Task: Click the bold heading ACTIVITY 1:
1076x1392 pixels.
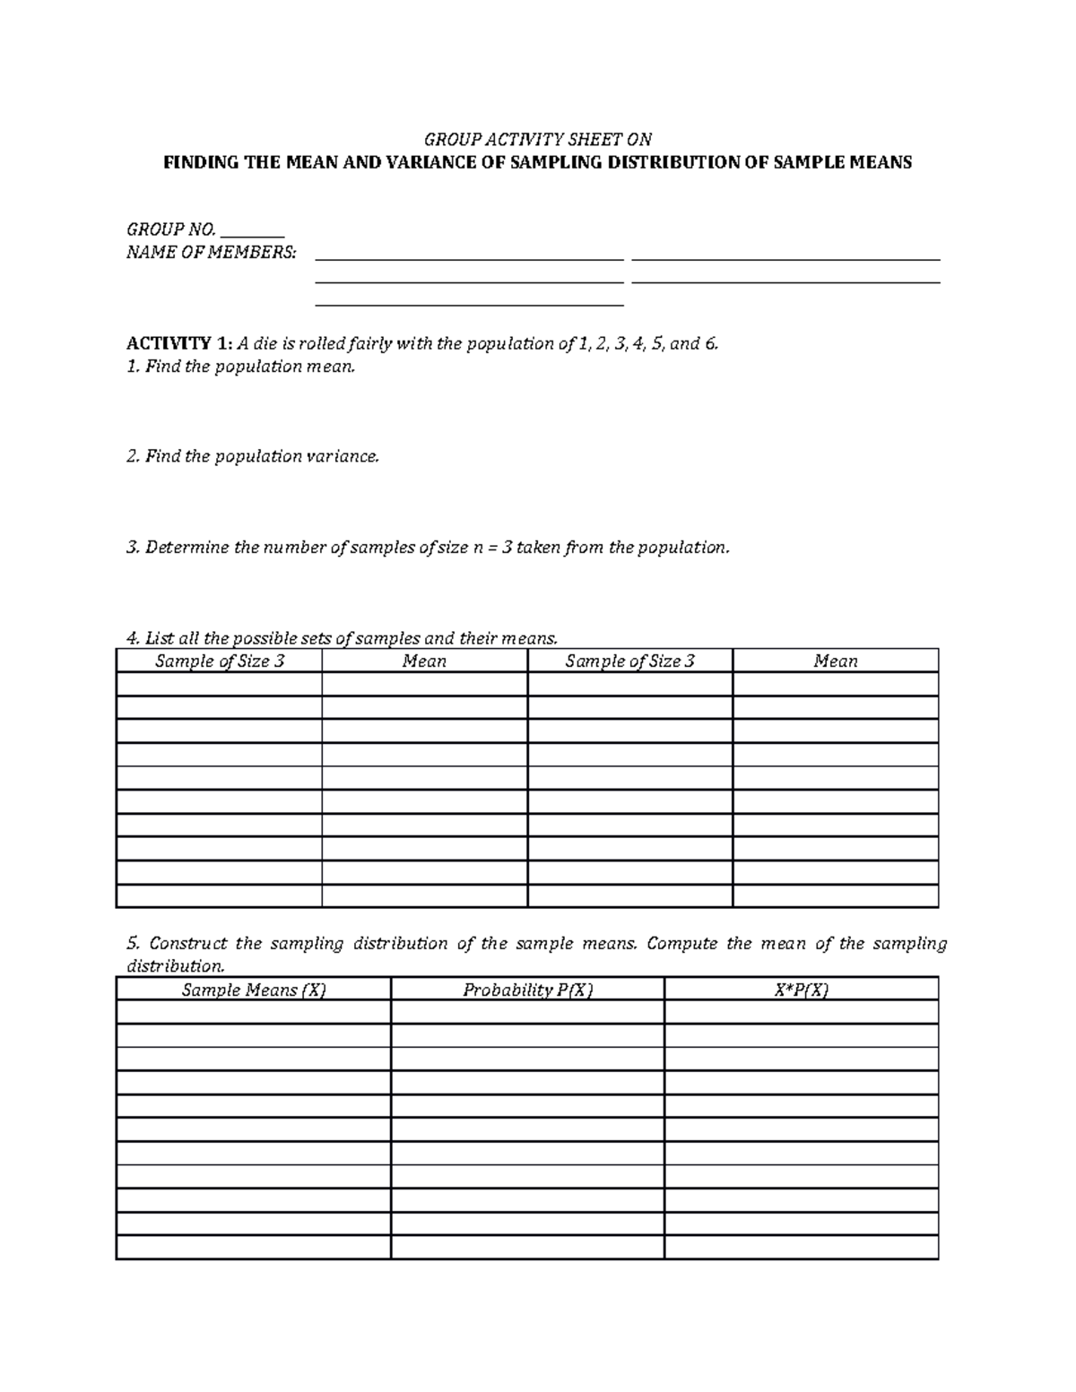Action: tap(179, 343)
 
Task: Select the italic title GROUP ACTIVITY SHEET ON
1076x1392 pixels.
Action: tap(537, 139)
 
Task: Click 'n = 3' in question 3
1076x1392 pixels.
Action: tap(491, 547)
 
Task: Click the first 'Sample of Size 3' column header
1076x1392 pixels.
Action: tap(220, 661)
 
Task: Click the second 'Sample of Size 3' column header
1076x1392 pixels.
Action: tap(629, 661)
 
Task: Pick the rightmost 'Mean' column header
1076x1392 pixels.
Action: tap(835, 661)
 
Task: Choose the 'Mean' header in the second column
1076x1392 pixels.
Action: tap(424, 661)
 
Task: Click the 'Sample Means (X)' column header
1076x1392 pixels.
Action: tap(254, 990)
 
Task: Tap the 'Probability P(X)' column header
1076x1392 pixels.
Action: tap(527, 990)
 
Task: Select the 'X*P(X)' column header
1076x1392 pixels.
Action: tap(801, 990)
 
